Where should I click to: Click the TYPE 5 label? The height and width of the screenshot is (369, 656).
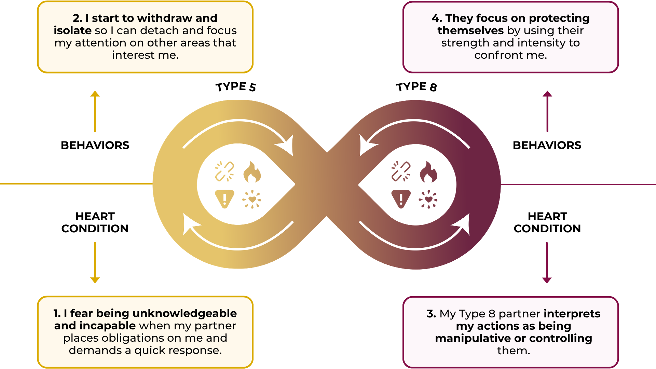tap(236, 87)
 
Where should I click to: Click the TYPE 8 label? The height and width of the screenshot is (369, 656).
tap(416, 87)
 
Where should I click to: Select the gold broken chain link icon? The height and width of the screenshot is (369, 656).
tap(224, 171)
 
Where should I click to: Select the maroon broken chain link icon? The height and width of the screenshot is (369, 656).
tap(401, 171)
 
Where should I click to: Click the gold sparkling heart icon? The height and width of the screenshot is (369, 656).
tap(252, 199)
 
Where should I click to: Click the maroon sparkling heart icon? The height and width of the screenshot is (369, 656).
tap(428, 199)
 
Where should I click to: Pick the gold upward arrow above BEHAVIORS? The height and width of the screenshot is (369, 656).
tap(95, 111)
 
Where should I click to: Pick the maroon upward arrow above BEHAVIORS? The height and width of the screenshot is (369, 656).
tap(547, 111)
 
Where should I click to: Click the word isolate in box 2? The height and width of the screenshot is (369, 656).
tap(72, 30)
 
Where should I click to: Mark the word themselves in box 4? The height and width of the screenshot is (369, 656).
tap(470, 30)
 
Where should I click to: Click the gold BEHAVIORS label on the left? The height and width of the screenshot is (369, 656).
tap(95, 145)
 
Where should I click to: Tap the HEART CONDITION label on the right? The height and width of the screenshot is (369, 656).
tap(547, 222)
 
